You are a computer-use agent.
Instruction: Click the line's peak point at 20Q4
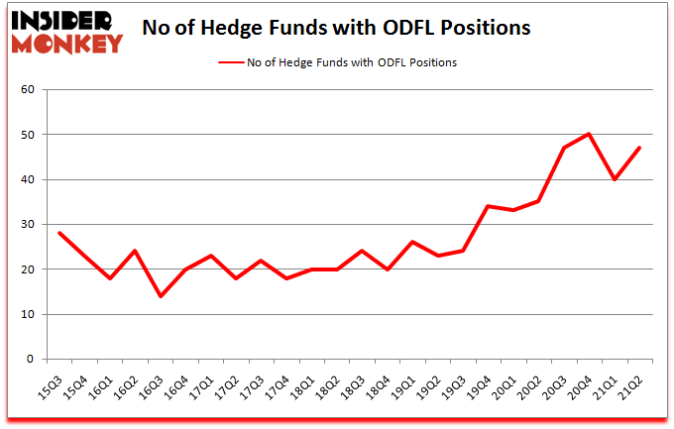coord(590,134)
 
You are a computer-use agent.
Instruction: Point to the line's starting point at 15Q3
coord(58,233)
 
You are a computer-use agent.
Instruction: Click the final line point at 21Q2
coord(641,148)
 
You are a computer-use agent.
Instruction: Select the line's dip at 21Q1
coord(616,179)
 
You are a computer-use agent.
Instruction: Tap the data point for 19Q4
coord(487,206)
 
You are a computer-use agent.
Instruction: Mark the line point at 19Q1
coord(409,242)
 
